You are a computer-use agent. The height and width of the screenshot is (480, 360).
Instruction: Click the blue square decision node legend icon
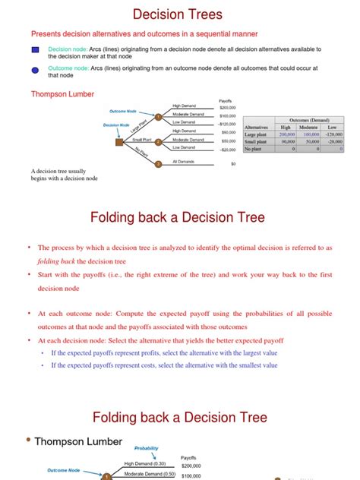[36, 50]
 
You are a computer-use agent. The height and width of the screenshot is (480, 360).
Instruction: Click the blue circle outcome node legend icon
[36, 71]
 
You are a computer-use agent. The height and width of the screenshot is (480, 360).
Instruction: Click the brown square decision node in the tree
[119, 141]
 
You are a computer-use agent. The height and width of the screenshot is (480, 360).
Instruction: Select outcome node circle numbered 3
[157, 163]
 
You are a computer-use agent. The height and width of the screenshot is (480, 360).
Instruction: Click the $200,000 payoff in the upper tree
[227, 107]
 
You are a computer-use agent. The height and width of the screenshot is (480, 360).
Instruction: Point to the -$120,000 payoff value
[226, 123]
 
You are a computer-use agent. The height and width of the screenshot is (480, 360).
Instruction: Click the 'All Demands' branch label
[183, 161]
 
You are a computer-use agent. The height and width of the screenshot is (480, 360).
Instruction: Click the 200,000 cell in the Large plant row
[287, 133]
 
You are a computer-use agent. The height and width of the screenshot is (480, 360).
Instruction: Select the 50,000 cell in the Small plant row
[311, 141]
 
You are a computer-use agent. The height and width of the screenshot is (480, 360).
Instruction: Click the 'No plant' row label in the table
[256, 149]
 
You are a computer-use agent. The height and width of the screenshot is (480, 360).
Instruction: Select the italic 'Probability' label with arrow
[147, 448]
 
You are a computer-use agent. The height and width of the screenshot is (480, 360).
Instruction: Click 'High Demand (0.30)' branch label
[145, 463]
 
